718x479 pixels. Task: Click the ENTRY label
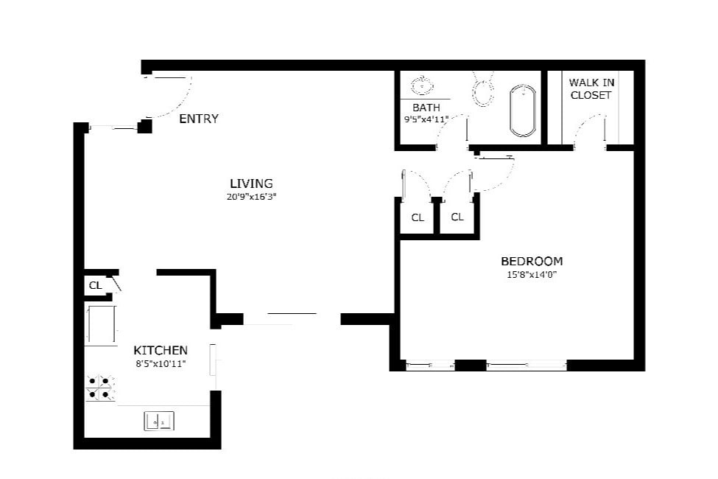click(x=199, y=119)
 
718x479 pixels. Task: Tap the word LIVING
click(x=251, y=183)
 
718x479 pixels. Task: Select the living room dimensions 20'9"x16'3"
click(x=251, y=197)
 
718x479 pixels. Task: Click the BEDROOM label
click(x=532, y=261)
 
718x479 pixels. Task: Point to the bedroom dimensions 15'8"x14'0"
click(x=532, y=275)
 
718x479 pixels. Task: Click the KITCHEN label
click(x=161, y=350)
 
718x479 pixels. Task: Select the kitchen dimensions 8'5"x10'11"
click(x=161, y=363)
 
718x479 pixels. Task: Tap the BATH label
click(x=426, y=108)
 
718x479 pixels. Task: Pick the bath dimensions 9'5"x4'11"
click(x=426, y=119)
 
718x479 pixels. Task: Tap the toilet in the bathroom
click(x=483, y=89)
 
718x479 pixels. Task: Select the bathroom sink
click(x=422, y=85)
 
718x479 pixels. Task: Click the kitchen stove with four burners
click(x=101, y=388)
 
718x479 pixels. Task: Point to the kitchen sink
click(x=158, y=421)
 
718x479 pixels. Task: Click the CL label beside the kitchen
click(x=95, y=285)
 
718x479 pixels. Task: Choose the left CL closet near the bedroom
click(x=418, y=217)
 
